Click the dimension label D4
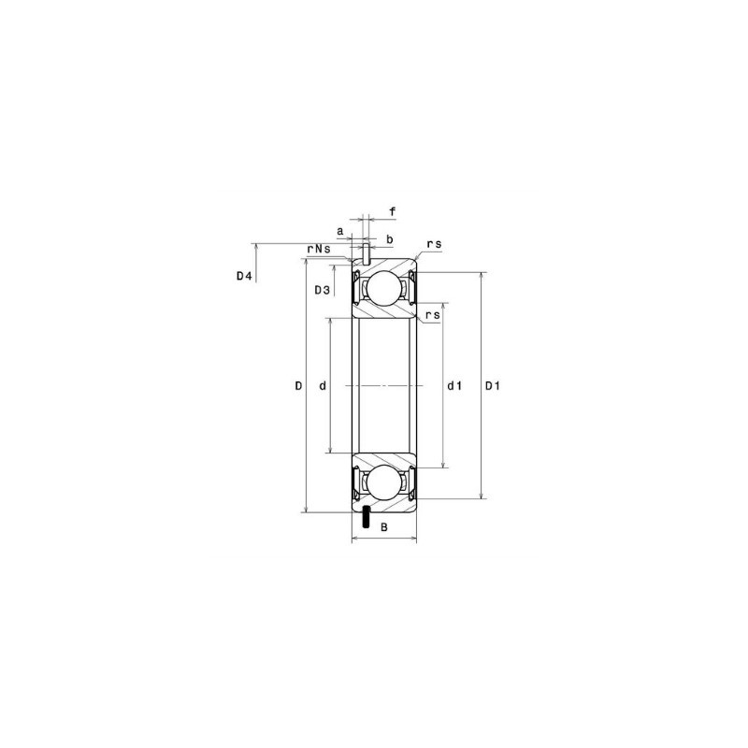tap(244, 276)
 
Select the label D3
tap(321, 290)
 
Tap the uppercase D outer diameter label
tap(297, 386)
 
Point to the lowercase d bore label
tap(322, 386)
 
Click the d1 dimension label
tap(455, 386)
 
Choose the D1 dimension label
tap(493, 386)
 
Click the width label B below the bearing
tap(383, 528)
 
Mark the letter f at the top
tap(392, 212)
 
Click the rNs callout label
tap(319, 249)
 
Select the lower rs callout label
tap(432, 316)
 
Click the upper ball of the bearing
tap(383, 288)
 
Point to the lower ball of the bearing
tap(383, 483)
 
